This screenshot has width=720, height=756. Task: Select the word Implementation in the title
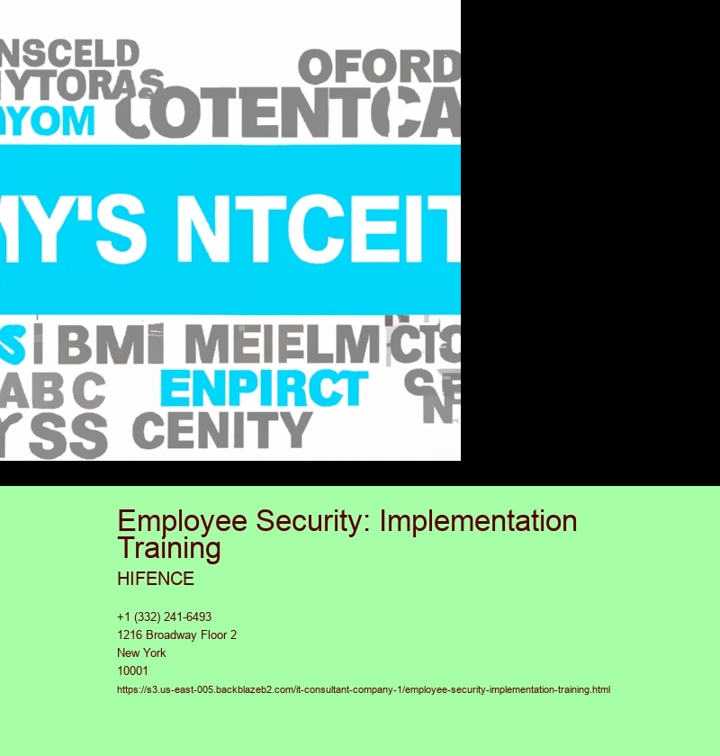[x=476, y=522]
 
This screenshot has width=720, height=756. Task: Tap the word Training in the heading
[x=169, y=548]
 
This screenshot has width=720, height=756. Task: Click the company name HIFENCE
[x=156, y=579]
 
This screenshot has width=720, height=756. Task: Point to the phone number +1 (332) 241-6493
[x=164, y=617]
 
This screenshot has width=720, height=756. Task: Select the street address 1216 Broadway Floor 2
[x=176, y=635]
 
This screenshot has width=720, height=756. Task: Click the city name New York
[x=141, y=653]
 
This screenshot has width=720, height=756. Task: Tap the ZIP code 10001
[x=133, y=671]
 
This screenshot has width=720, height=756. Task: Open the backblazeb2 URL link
[x=364, y=690]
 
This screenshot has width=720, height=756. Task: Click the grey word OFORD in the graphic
[x=379, y=67]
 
